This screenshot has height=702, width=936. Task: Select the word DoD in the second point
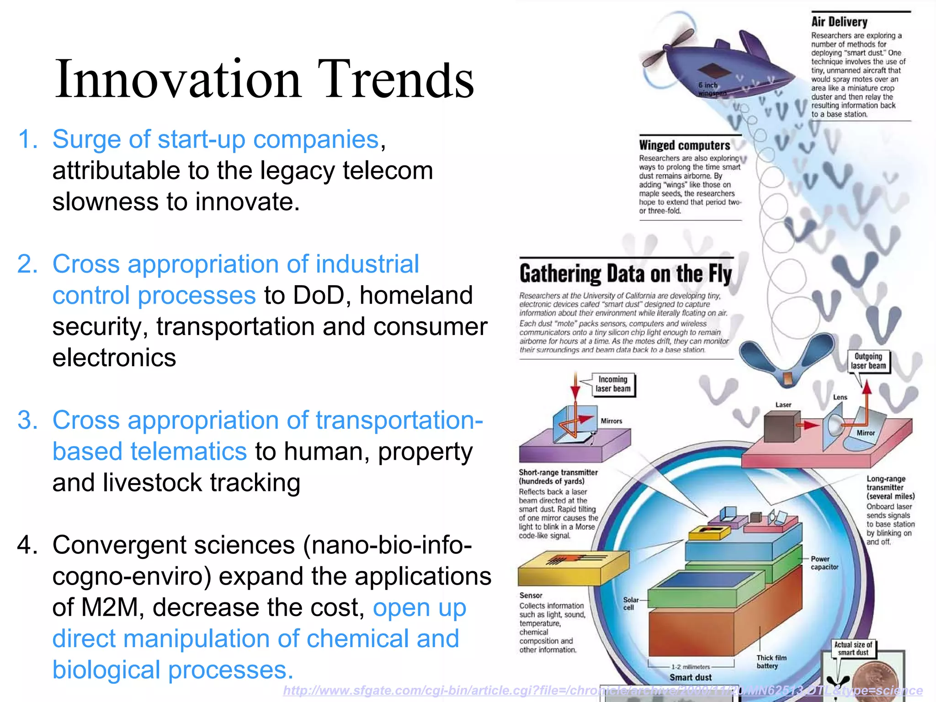point(319,295)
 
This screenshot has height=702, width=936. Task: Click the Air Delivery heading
point(839,22)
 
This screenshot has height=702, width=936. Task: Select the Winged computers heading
point(684,145)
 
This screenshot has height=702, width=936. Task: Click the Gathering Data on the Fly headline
point(625,274)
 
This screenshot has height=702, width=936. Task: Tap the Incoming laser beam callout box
point(613,384)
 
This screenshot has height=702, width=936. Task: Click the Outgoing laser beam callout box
point(868,361)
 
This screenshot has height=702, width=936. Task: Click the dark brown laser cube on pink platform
point(782,426)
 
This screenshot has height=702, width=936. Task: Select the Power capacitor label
point(824,563)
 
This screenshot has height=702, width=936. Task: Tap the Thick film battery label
point(771,662)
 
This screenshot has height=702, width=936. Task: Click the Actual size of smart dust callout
point(853,648)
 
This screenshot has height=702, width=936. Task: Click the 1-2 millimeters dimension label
point(691,667)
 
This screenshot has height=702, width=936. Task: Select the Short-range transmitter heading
point(558,472)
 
